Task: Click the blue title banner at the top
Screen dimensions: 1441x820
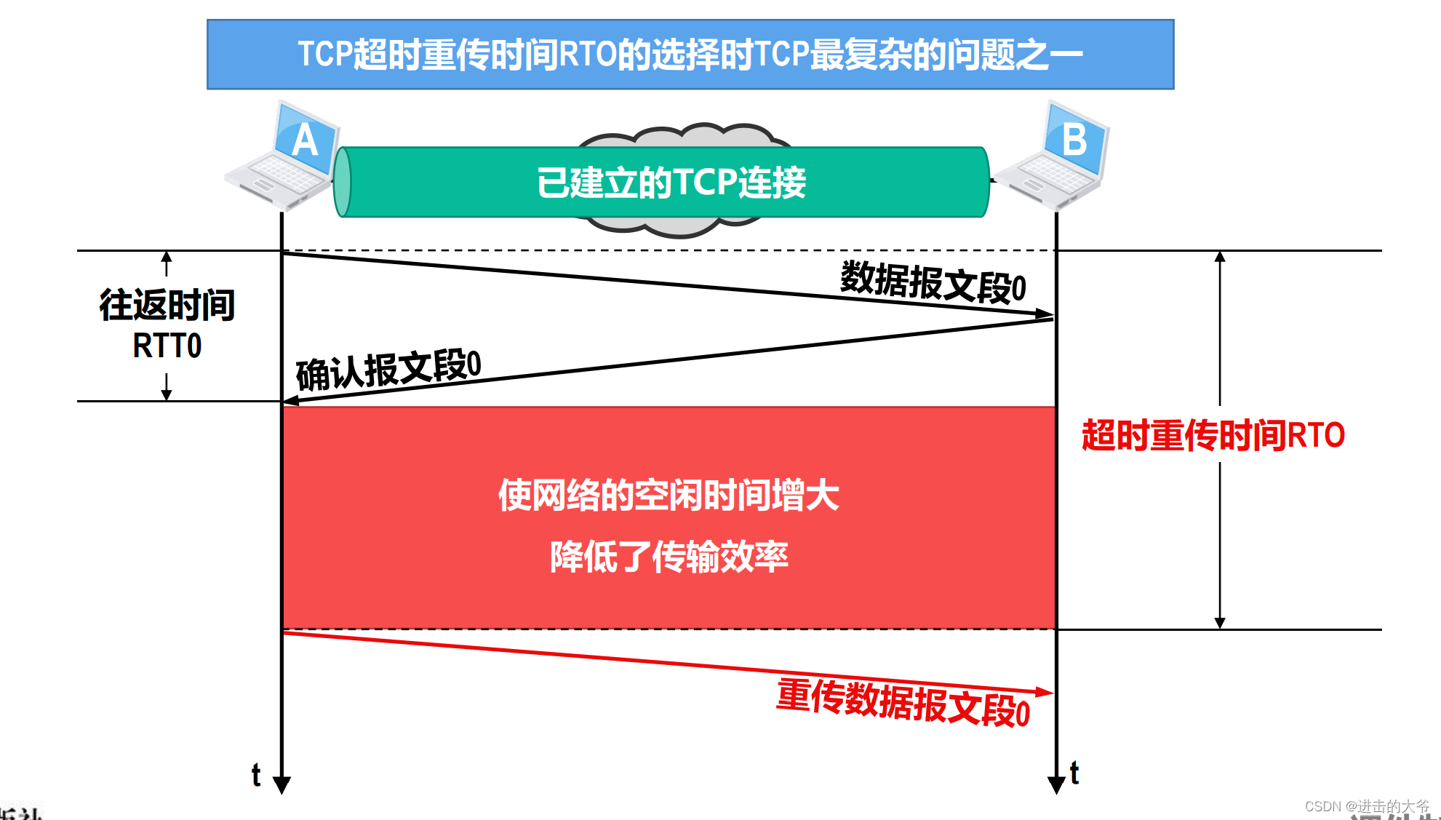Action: tap(690, 55)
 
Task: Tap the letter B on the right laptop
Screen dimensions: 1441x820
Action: tap(1074, 139)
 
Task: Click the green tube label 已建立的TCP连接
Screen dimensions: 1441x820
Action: tap(671, 183)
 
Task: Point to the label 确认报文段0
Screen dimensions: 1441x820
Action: tap(388, 370)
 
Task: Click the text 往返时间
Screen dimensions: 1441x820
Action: tap(167, 305)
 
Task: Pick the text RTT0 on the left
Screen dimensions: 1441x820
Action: tap(167, 346)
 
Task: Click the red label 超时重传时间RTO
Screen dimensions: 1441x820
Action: tap(1213, 435)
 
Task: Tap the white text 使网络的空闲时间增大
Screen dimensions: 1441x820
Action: tap(668, 495)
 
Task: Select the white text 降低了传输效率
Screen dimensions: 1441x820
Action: tap(668, 557)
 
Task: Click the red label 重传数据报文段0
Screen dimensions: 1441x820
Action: tap(903, 703)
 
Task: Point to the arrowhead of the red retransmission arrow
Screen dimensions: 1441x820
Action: tap(1045, 692)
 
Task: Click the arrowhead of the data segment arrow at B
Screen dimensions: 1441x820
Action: tap(1045, 314)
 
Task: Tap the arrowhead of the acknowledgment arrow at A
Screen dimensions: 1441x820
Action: tap(290, 400)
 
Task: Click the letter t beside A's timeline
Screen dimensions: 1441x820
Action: tap(256, 775)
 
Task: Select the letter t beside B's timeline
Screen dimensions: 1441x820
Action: tap(1074, 773)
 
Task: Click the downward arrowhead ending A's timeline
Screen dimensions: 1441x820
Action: tap(282, 785)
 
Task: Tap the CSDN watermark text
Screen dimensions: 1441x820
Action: tap(1366, 806)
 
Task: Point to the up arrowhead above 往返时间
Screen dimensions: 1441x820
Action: tap(167, 256)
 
